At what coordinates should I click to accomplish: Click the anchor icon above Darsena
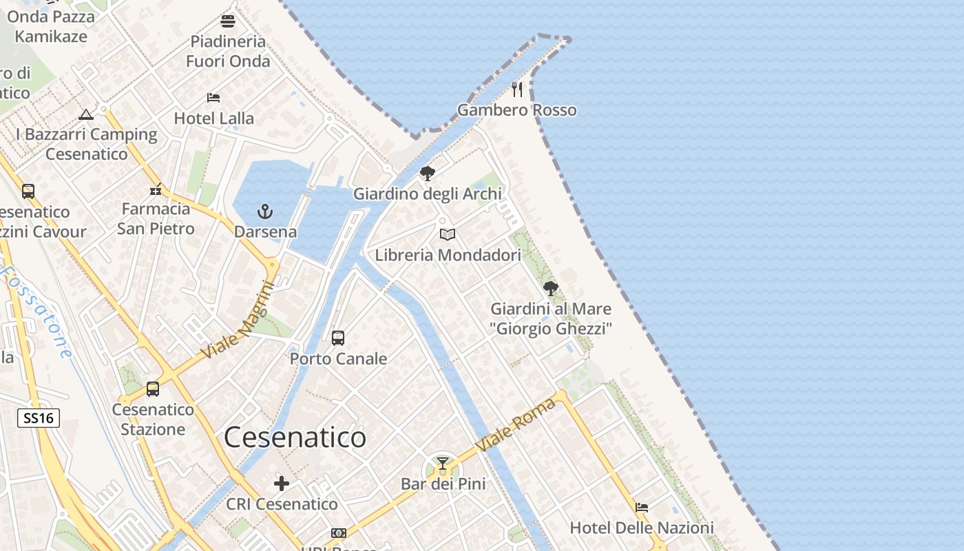(265, 211)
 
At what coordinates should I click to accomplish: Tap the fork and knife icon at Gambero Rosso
(517, 90)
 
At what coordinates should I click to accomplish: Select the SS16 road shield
(39, 417)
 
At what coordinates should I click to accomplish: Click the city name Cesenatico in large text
(295, 437)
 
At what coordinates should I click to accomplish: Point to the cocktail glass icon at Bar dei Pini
(443, 464)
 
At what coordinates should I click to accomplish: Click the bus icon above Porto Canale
(337, 338)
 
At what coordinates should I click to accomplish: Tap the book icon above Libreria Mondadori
(448, 235)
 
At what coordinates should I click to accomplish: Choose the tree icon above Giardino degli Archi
(428, 174)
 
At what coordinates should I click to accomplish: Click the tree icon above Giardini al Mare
(550, 289)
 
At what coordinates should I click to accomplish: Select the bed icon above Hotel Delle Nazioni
(642, 508)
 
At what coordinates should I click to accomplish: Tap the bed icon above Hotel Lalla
(213, 98)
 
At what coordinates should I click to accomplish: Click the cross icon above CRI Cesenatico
(282, 484)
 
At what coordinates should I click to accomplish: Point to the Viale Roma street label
(516, 425)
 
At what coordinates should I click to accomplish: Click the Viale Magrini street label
(238, 321)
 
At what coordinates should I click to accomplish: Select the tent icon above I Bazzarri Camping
(86, 114)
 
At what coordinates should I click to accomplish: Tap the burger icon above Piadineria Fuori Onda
(228, 21)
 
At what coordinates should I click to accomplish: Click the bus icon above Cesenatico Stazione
(153, 389)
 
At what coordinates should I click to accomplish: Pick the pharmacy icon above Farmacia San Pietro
(156, 189)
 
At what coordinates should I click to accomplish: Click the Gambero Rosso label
(517, 110)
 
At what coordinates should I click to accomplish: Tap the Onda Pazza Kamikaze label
(51, 26)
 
